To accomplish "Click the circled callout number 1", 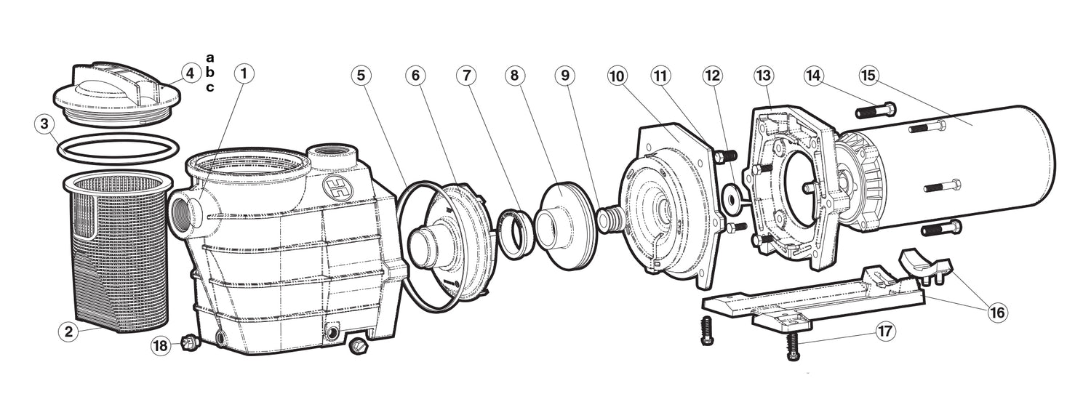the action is tap(244, 73).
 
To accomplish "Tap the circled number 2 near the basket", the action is tap(68, 331).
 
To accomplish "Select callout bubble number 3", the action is tap(44, 124).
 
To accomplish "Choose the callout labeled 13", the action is tap(763, 76).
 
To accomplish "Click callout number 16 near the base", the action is tap(997, 312).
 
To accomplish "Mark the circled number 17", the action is tap(885, 331).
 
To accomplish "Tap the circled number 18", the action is tap(160, 346).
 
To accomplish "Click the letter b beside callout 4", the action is tap(210, 73).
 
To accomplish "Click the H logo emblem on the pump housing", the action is tap(334, 185).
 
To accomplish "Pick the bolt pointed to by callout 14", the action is tap(876, 110).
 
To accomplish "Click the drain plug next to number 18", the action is tap(185, 343).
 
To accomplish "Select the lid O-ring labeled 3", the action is tap(118, 149).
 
